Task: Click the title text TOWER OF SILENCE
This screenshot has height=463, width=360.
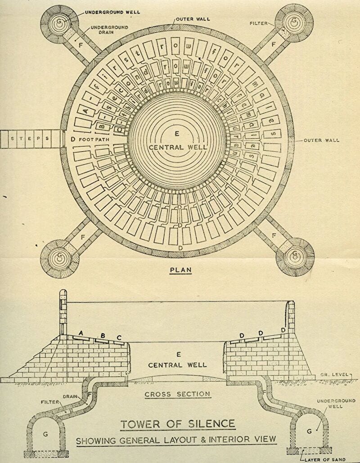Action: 177,424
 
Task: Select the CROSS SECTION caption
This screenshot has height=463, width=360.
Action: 177,394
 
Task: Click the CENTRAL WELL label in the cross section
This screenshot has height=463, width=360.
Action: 177,364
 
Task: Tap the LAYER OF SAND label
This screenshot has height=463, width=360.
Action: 325,459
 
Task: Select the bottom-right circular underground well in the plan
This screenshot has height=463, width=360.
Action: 295,258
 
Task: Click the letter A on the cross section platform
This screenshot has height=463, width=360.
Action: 81,333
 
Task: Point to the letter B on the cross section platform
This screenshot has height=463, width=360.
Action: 103,336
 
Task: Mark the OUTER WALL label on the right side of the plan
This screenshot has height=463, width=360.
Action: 321,140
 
